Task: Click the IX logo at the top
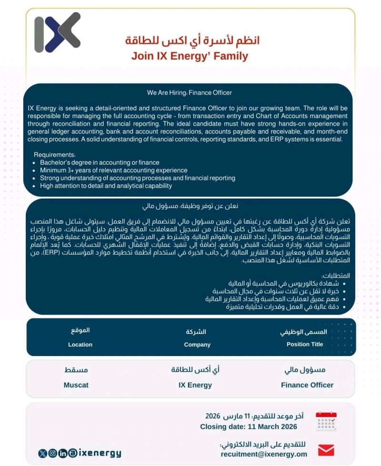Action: [58, 32]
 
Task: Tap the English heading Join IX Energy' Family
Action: [190, 56]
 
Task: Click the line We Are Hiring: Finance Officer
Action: [190, 93]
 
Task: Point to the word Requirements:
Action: [55, 155]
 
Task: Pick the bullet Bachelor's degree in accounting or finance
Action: [100, 163]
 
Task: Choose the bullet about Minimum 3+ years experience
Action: [113, 170]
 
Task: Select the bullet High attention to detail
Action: [106, 186]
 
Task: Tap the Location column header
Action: [80, 345]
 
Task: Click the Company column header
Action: [197, 345]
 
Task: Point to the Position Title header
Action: [305, 344]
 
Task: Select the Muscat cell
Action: [76, 385]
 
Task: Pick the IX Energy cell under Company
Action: [195, 385]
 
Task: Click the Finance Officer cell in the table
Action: [307, 385]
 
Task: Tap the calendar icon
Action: [326, 421]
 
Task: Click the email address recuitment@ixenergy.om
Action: [264, 454]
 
